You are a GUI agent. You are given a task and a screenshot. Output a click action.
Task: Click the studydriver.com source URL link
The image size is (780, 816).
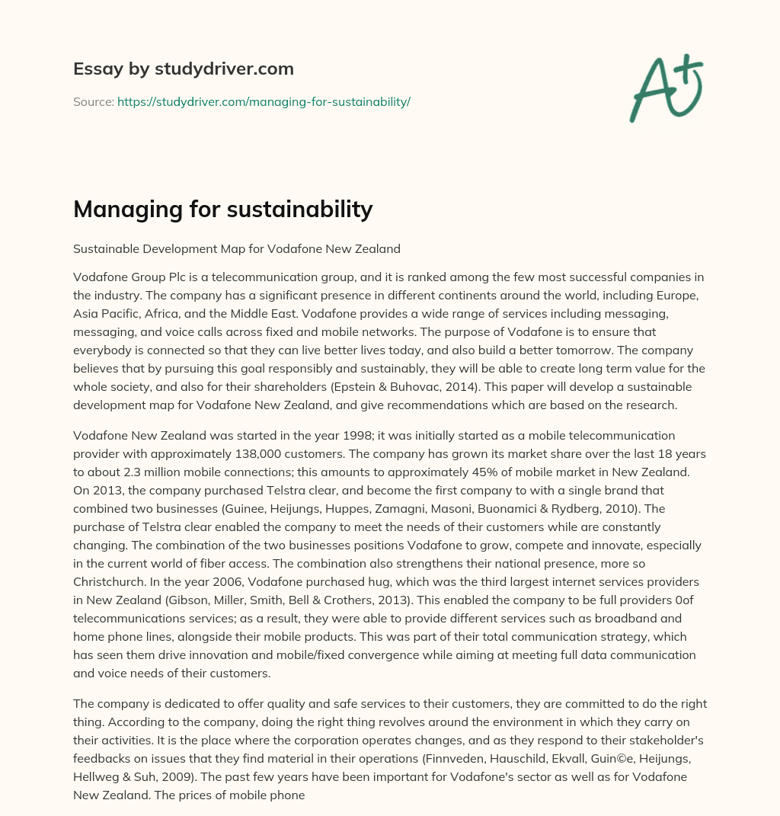264,101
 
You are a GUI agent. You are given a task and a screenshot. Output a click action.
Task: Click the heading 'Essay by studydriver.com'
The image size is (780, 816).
184,69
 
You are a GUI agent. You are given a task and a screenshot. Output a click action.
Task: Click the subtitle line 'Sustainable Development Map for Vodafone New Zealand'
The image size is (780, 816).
237,248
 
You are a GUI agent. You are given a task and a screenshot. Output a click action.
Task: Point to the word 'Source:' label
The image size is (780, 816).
94,101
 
